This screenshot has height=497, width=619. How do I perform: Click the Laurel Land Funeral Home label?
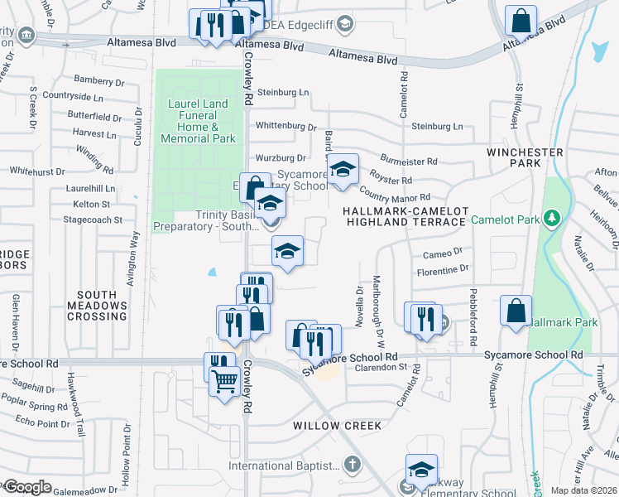(198, 122)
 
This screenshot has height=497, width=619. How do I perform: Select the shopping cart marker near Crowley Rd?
(224, 382)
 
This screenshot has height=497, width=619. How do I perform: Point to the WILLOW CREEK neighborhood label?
(338, 426)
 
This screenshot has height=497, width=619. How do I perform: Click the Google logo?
(26, 487)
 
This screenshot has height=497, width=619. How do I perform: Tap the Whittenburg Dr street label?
(286, 127)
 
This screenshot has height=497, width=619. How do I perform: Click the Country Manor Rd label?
(396, 197)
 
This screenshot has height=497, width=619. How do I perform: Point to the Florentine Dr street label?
(442, 270)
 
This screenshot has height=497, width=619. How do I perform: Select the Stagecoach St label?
(96, 220)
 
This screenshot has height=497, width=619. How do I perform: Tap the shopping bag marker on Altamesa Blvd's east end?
(521, 21)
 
